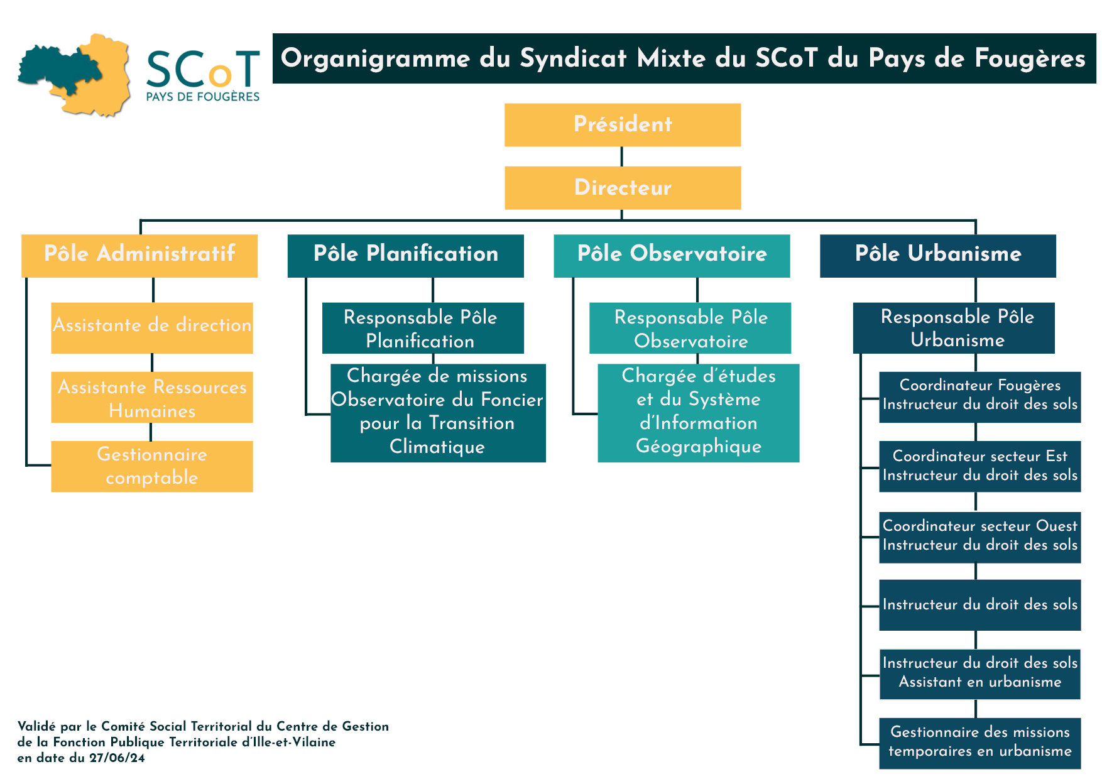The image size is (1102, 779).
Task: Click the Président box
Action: pyautogui.click(x=622, y=124)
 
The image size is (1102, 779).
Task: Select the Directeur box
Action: pyautogui.click(x=622, y=187)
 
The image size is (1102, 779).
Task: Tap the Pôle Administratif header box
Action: pyautogui.click(x=139, y=255)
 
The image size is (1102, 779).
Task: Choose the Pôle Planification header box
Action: pyautogui.click(x=405, y=255)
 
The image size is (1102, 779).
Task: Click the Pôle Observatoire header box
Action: pyautogui.click(x=671, y=255)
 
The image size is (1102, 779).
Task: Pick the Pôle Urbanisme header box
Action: pyautogui.click(x=937, y=255)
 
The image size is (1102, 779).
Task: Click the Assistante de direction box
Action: pyautogui.click(x=151, y=327)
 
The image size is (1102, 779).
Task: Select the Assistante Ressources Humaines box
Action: pyautogui.click(x=151, y=397)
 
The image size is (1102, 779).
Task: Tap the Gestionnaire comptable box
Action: pyautogui.click(x=151, y=466)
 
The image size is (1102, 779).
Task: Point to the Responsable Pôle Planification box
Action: pyautogui.click(x=422, y=328)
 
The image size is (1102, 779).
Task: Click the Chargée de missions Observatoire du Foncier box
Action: pyautogui.click(x=437, y=412)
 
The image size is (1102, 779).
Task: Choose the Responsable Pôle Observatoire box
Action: pyautogui.click(x=690, y=328)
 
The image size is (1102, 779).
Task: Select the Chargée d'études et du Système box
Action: pyautogui.click(x=698, y=412)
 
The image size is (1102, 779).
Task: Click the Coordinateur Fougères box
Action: pyautogui.click(x=979, y=396)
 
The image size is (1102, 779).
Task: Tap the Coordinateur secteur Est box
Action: pyautogui.click(x=979, y=466)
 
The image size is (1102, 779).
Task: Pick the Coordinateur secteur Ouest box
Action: pyautogui.click(x=979, y=537)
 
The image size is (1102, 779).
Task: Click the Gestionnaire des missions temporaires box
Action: pyautogui.click(x=979, y=743)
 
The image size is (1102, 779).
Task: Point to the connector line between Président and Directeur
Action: pyautogui.click(x=621, y=156)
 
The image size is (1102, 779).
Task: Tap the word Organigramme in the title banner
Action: pyautogui.click(x=375, y=58)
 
